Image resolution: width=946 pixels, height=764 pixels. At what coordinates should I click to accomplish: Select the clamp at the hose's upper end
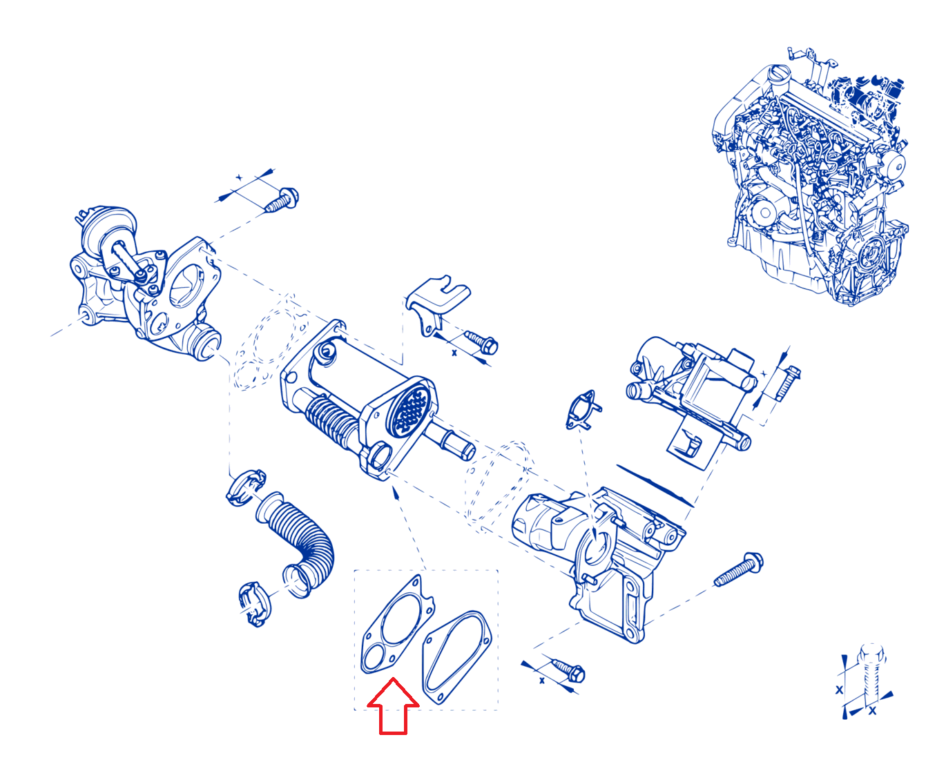coord(246,487)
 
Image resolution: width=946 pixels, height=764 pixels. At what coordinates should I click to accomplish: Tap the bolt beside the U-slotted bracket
coord(481,343)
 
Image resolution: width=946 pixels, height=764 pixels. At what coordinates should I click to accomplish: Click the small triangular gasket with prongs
coord(583,409)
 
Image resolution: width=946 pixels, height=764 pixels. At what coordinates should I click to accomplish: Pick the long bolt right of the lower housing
coord(738,569)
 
